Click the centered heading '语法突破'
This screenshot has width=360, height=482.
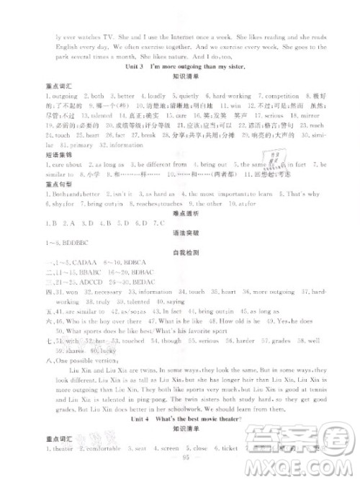point(180,259)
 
